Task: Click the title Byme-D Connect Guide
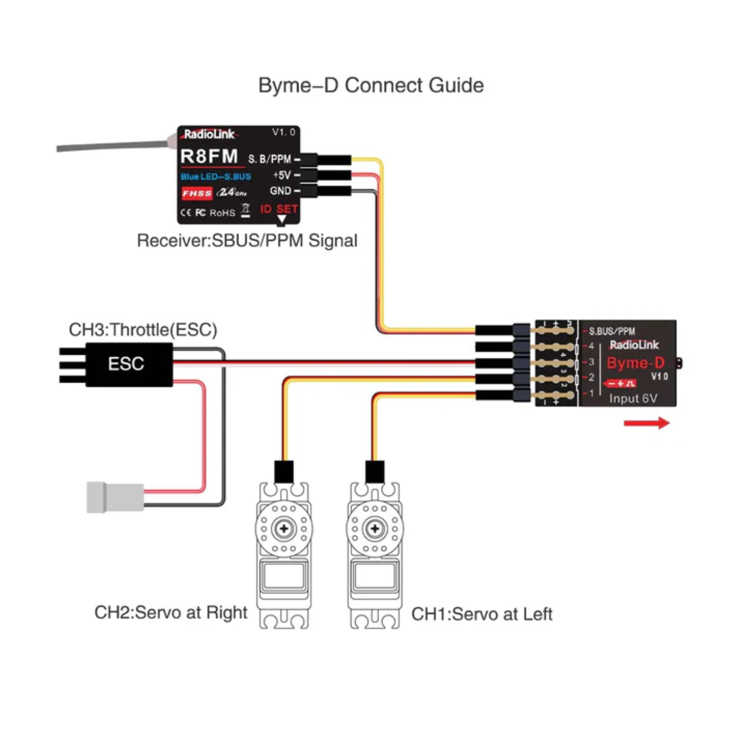[x=371, y=86]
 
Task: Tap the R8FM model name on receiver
[x=209, y=156]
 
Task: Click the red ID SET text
[x=279, y=209]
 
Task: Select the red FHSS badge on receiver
[x=197, y=193]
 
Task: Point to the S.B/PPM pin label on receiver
[x=270, y=159]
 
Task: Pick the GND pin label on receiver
[x=281, y=191]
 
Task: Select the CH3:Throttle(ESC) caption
[x=143, y=330]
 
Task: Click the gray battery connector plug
[x=115, y=497]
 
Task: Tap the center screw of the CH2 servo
[x=284, y=528]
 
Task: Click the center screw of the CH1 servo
[x=375, y=528]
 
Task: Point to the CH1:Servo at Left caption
[x=482, y=614]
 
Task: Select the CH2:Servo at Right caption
[x=171, y=613]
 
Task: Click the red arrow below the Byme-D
[x=646, y=423]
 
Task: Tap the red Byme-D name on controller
[x=635, y=363]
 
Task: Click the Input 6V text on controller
[x=633, y=399]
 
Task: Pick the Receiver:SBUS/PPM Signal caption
[x=247, y=241]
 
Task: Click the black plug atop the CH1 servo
[x=375, y=471]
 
